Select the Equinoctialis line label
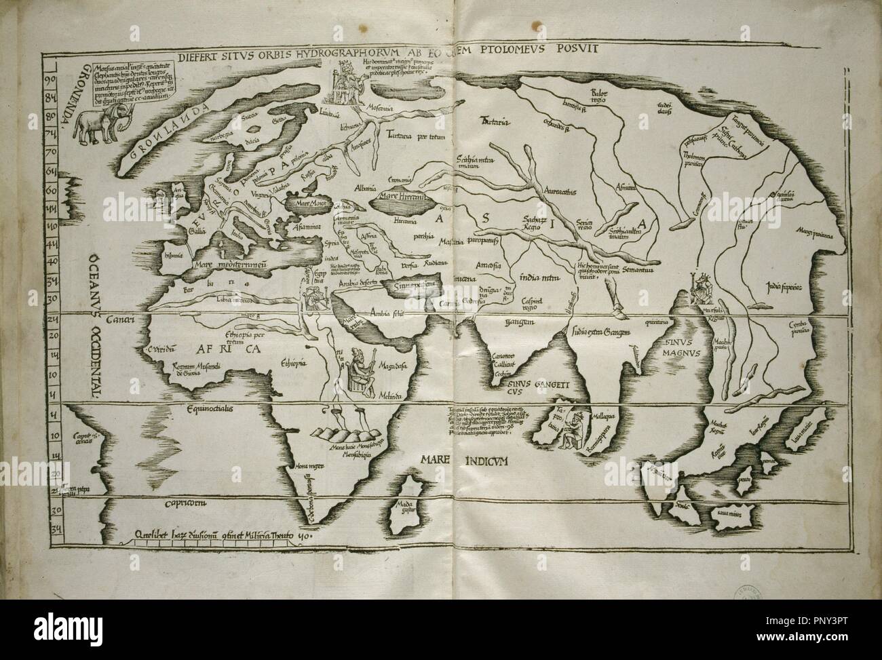[200, 409]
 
